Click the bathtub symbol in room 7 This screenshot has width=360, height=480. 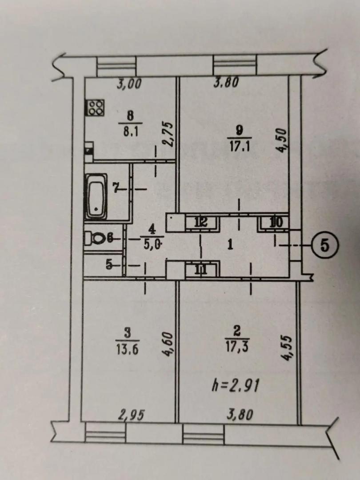[x=96, y=196]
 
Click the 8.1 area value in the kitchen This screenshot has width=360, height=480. [x=130, y=132]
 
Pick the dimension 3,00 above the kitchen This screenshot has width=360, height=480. [x=129, y=84]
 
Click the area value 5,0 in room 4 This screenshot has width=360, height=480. [x=152, y=244]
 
